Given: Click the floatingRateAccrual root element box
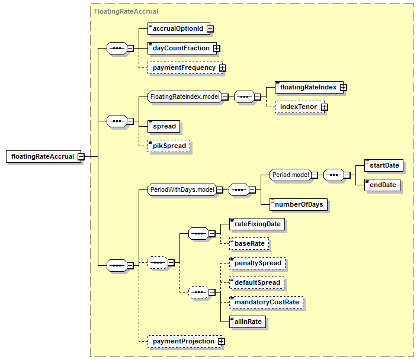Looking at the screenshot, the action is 43,156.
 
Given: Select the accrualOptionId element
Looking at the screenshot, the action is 179,28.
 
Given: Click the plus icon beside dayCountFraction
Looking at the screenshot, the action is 216,48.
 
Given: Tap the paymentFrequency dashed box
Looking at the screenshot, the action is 185,67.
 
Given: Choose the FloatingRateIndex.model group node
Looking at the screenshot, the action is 185,97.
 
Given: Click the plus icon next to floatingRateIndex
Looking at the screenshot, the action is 343,88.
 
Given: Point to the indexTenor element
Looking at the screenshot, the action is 300,107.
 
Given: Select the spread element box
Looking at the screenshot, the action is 163,126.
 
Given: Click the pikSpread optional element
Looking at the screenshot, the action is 169,146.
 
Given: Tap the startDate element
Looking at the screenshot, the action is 384,165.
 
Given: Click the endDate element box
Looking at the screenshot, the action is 382,185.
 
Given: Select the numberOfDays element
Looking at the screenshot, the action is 299,204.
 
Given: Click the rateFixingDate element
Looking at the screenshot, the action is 257,224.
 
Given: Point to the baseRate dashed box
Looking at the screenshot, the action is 249,243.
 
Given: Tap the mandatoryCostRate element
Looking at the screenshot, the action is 266,302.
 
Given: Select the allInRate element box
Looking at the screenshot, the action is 248,322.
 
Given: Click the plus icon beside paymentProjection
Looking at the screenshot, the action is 221,342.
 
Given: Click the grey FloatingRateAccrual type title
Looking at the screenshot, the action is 126,11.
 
